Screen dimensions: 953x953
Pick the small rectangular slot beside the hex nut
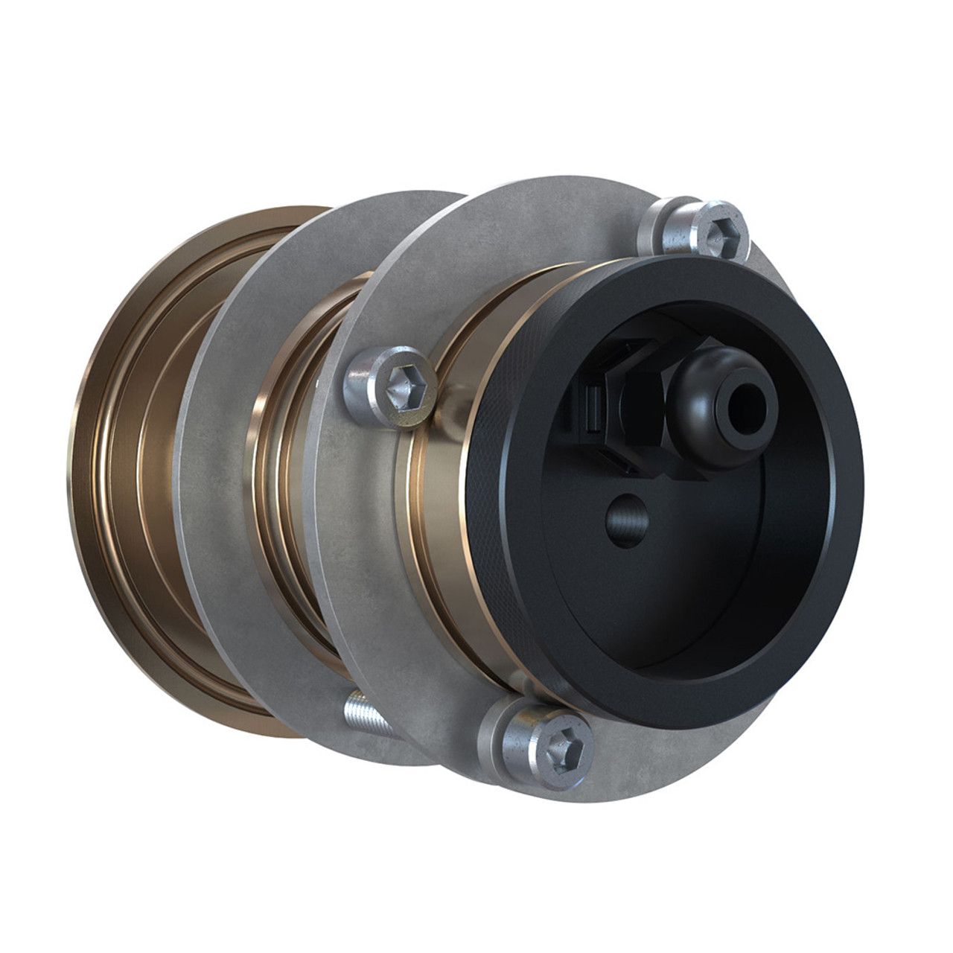(594, 409)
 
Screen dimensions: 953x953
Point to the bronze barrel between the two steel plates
(287, 476)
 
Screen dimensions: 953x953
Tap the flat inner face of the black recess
(670, 581)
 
